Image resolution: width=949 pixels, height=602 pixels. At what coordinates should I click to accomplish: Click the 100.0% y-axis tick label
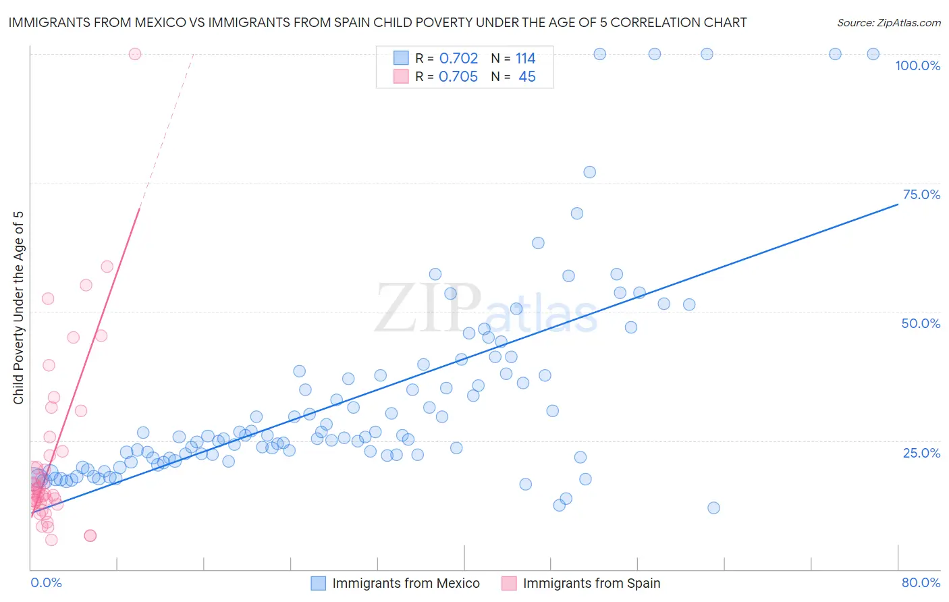(x=917, y=65)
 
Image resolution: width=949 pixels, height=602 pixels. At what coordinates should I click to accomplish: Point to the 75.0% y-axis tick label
(x=921, y=194)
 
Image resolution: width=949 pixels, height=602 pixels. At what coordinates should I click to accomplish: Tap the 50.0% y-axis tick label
(x=921, y=323)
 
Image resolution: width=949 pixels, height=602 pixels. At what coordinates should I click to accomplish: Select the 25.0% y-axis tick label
(x=921, y=452)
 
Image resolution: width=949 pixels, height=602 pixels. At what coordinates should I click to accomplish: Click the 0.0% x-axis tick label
(x=46, y=582)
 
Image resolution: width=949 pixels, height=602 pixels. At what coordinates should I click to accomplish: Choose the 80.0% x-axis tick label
(x=921, y=582)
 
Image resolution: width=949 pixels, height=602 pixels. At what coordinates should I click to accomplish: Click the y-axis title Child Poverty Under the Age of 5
(x=19, y=308)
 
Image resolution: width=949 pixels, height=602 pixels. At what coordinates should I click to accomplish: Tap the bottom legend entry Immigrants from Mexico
(x=406, y=583)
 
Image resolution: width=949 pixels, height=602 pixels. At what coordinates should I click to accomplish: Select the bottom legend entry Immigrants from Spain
(x=591, y=583)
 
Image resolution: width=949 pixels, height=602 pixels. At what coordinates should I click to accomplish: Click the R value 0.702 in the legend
(x=458, y=59)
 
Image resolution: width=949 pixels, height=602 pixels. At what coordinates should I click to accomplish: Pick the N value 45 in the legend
(x=527, y=77)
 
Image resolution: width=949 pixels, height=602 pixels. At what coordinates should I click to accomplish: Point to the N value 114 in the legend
(x=525, y=59)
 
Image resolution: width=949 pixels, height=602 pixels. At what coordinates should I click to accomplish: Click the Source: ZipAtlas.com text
(x=888, y=23)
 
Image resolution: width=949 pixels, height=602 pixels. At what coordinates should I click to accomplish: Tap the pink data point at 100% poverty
(x=135, y=54)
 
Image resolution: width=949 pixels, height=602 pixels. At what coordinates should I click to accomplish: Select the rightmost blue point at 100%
(x=873, y=54)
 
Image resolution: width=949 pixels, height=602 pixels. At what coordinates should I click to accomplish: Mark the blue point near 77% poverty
(x=589, y=172)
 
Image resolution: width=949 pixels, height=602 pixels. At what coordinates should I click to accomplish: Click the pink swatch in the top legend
(x=401, y=76)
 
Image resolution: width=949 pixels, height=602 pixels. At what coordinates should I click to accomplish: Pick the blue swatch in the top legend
(x=401, y=58)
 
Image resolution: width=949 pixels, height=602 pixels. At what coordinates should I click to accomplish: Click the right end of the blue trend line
(x=898, y=203)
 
